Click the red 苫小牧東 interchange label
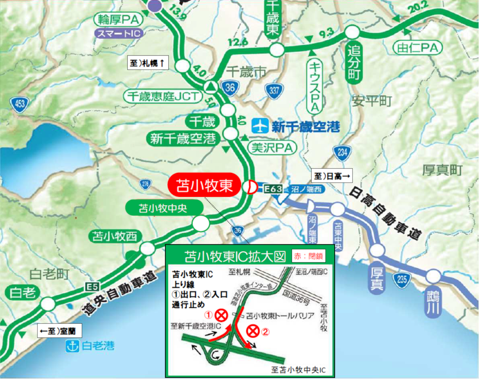(x=204, y=185)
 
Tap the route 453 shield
(x=19, y=104)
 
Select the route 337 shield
(x=274, y=91)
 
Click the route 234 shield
(x=342, y=153)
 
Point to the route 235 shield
(x=402, y=279)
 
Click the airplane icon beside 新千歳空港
(x=260, y=126)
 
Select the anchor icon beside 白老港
(x=72, y=346)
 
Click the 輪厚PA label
(x=118, y=19)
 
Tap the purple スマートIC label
(x=119, y=33)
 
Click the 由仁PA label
(x=417, y=48)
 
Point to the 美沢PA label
(x=272, y=148)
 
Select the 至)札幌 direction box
(x=148, y=63)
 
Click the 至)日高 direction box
(x=332, y=176)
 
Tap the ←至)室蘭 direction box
(x=59, y=331)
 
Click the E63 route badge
(x=273, y=189)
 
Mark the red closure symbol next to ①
(x=221, y=315)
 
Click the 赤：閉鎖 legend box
(x=308, y=256)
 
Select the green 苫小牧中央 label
(x=163, y=208)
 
